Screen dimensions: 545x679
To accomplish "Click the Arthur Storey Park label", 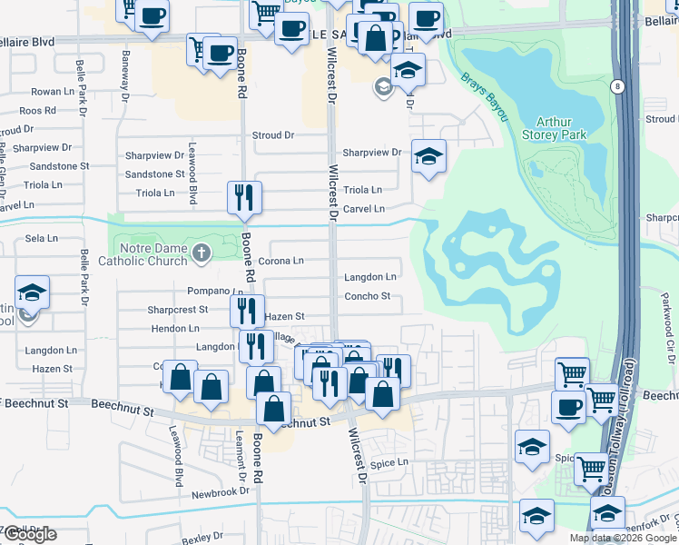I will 561,128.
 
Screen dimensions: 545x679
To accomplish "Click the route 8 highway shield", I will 617,86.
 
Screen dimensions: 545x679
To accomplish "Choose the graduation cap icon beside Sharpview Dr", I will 428,156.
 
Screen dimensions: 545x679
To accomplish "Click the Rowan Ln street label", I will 53,92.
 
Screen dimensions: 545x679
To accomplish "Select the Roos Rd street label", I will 37,111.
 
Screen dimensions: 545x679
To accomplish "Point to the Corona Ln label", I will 281,261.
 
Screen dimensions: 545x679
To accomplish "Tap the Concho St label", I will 367,296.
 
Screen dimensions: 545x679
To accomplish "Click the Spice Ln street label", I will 389,463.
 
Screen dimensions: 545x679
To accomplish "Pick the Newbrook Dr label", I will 221,492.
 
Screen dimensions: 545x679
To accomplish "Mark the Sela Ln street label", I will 42,238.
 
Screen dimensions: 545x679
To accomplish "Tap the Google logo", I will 29,534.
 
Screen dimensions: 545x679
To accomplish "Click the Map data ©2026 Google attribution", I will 622,538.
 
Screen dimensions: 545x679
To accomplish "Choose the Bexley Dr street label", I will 202,538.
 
